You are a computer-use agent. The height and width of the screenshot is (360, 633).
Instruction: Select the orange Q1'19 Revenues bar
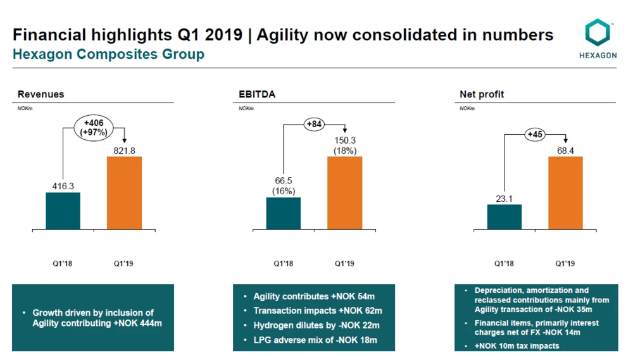pos(124,192)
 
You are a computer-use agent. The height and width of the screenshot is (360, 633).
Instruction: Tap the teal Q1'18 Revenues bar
pos(63,211)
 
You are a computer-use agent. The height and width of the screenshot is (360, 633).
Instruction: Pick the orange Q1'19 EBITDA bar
pos(344,192)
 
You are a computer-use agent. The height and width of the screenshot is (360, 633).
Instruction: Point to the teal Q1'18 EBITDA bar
pos(283,213)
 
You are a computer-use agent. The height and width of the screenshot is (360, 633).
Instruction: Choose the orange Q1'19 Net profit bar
pos(565,192)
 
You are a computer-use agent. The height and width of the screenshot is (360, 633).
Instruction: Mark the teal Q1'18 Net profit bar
pos(504,216)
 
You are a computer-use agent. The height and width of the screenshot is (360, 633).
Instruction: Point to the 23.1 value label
pos(504,199)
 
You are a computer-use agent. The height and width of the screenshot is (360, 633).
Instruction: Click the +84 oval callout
pos(315,125)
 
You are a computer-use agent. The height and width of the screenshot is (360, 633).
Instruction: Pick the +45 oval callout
pos(536,134)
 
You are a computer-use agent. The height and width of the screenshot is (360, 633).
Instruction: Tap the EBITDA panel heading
pos(253,94)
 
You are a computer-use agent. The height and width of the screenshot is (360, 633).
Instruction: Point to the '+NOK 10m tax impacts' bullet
pos(517,346)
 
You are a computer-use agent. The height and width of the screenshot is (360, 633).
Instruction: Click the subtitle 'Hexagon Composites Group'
pos(109,54)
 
